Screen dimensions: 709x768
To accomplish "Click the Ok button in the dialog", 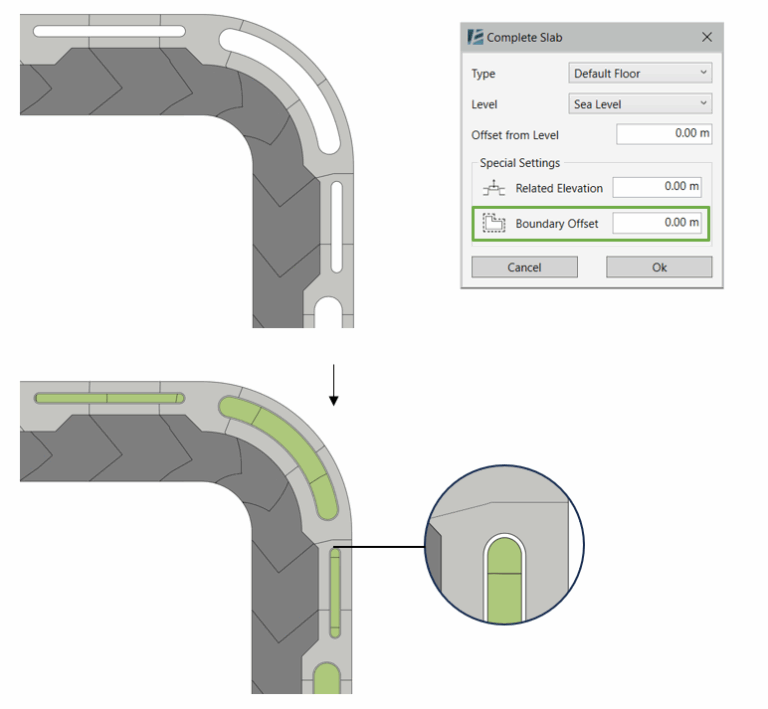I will (659, 267).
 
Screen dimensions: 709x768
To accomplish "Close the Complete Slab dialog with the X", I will (707, 37).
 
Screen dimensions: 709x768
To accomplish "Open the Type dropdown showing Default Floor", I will (640, 73).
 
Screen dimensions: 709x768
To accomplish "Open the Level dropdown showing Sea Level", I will (640, 104).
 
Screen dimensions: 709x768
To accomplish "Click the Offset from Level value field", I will (663, 134).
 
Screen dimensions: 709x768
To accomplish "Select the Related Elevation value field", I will (657, 187).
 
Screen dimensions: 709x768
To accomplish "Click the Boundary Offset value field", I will (657, 223).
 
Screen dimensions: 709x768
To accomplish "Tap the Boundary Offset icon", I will (493, 223).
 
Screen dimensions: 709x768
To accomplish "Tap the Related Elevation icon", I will (493, 188).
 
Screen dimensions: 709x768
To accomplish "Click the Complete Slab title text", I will (524, 37).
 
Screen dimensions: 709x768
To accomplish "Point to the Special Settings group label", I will (520, 163).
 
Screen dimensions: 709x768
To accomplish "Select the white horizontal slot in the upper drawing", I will (109, 30).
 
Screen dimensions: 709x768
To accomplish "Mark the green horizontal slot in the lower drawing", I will (109, 398).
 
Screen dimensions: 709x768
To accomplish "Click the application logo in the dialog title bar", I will (475, 37).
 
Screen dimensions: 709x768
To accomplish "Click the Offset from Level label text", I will (515, 135).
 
